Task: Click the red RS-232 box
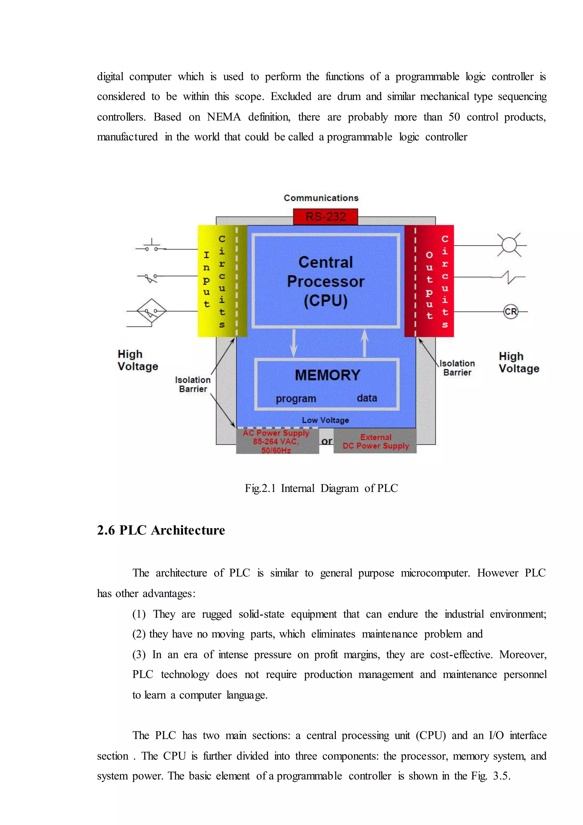[325, 217]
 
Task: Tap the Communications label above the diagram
[321, 198]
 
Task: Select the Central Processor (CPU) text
[326, 281]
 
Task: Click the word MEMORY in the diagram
[327, 375]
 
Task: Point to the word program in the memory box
[296, 399]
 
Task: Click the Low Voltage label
[325, 420]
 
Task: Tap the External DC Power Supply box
[375, 441]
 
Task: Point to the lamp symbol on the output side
[509, 245]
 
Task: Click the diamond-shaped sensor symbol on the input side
[151, 311]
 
